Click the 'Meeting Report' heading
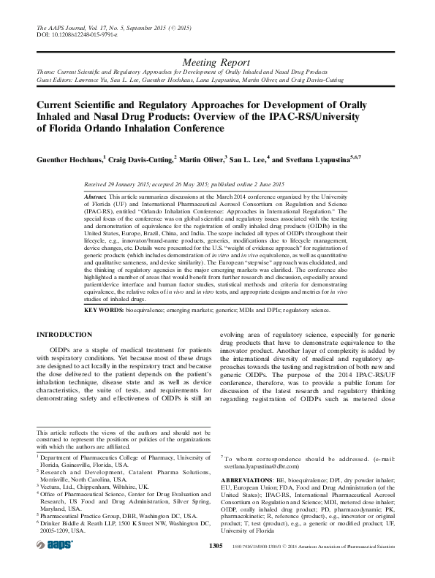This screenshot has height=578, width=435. tap(218, 64)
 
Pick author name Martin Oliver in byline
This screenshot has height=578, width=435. tap(201, 159)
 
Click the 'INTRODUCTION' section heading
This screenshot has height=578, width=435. tap(64, 334)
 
